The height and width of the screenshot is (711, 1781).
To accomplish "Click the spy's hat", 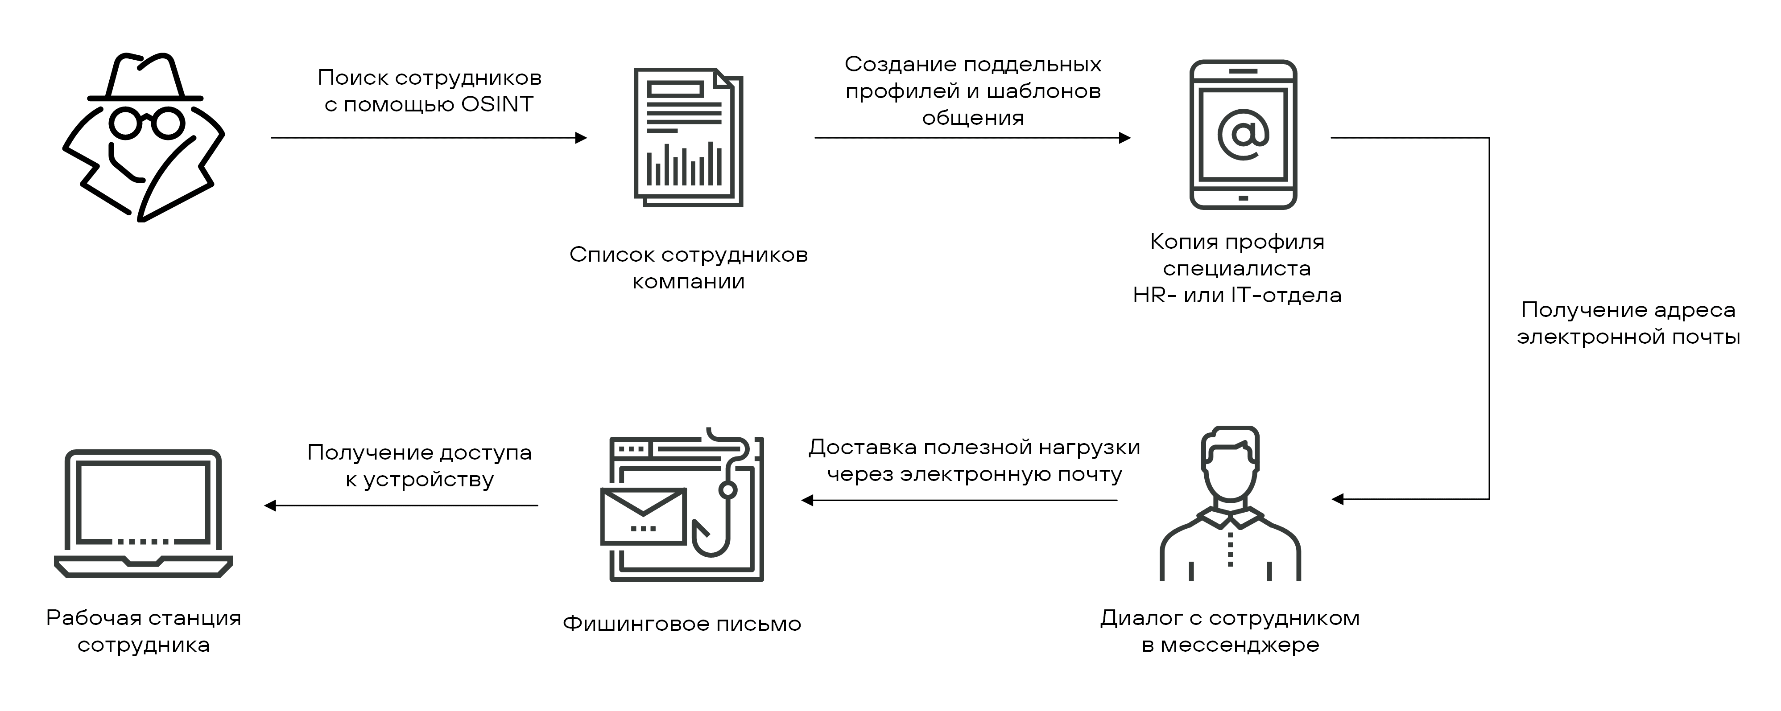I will (x=145, y=78).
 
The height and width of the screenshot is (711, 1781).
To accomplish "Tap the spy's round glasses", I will (x=147, y=123).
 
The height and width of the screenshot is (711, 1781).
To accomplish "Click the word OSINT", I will (x=497, y=104).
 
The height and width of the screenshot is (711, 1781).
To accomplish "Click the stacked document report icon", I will (x=688, y=137).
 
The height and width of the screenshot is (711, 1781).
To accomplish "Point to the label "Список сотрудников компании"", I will (x=688, y=268).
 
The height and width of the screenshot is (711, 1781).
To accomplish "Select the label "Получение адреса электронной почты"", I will (x=1628, y=323).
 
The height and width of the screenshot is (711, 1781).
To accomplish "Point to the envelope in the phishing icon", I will (x=643, y=516).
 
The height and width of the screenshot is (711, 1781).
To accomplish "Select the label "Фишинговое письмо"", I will (x=682, y=624).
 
